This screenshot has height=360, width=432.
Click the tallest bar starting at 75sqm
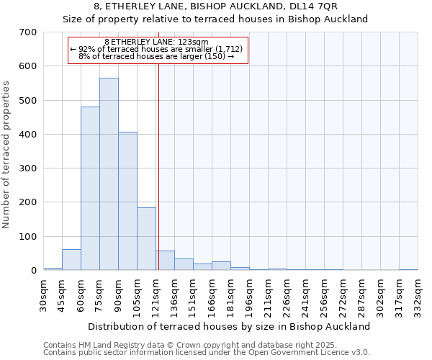[x=109, y=174]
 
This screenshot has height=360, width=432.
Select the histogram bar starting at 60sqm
[x=90, y=189]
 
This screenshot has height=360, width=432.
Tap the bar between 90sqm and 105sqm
[x=127, y=201]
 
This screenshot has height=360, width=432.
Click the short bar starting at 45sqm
[x=71, y=260]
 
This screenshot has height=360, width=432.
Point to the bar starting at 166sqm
[x=221, y=266]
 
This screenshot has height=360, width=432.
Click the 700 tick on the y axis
[x=28, y=32]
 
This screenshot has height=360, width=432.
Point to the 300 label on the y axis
[x=28, y=168]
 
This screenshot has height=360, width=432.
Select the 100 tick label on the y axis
[x=28, y=237]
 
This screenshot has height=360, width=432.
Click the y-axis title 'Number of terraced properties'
[x=7, y=154]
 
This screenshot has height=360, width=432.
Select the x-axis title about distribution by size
[x=230, y=326]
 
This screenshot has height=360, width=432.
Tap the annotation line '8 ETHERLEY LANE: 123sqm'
[x=156, y=42]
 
